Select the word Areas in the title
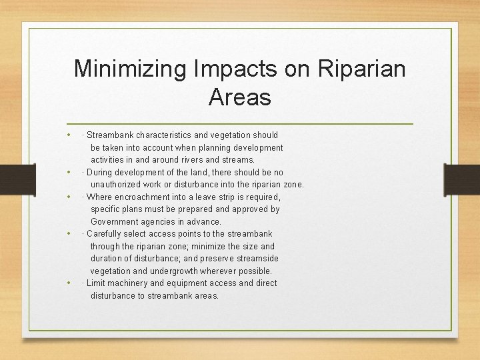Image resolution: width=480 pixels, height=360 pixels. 239,97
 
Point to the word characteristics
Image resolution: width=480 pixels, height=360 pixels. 166,135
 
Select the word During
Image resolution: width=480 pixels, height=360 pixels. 100,172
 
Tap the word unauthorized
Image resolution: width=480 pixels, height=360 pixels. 117,185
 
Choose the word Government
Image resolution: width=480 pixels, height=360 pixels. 116,221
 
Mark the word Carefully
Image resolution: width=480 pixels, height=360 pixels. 105,233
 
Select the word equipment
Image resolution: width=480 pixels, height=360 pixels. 189,283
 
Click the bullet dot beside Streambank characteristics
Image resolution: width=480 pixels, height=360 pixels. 69,135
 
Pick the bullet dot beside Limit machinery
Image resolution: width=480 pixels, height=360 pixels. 69,283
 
